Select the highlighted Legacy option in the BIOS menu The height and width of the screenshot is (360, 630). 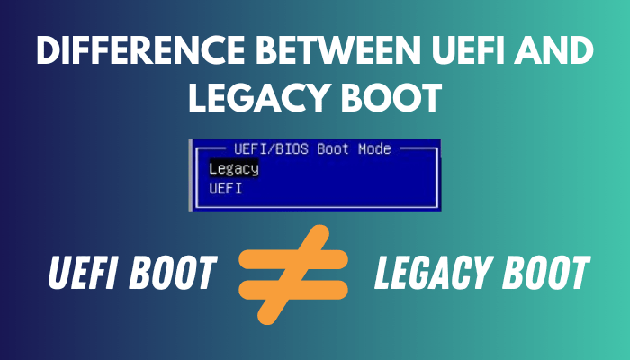pyautogui.click(x=233, y=168)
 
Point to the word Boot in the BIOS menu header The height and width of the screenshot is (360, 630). pyautogui.click(x=331, y=149)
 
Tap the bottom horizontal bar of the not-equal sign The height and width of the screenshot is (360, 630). pyautogui.click(x=293, y=288)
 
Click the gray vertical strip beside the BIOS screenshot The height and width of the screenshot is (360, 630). pyautogui.click(x=190, y=175)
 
